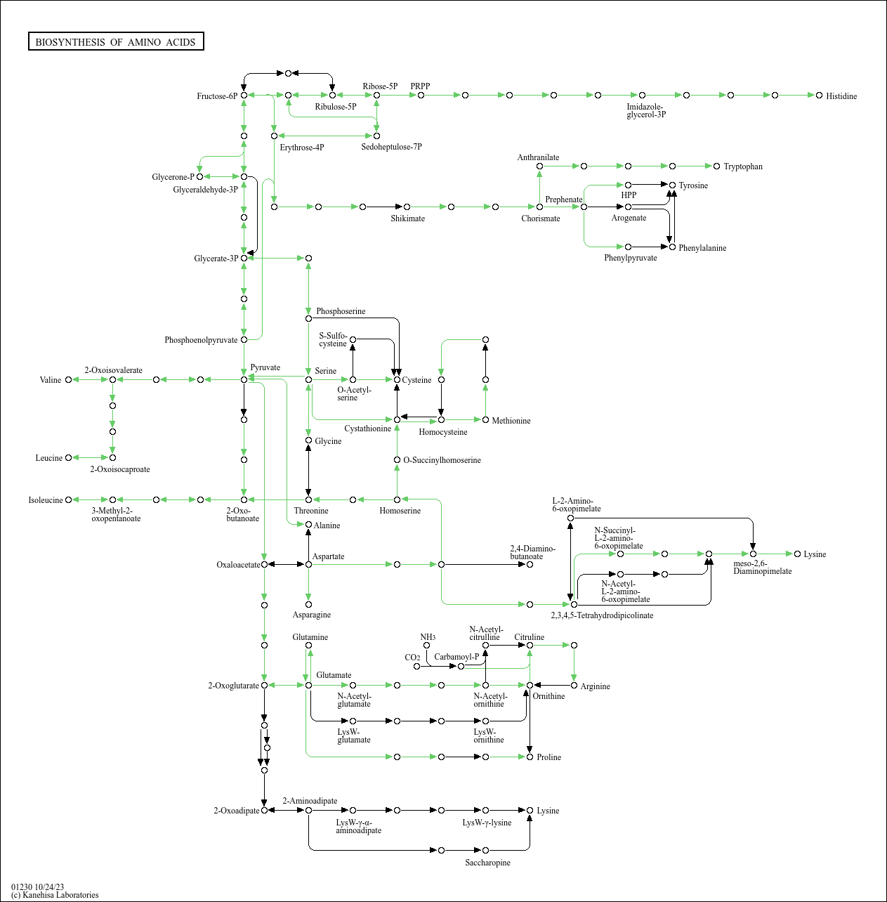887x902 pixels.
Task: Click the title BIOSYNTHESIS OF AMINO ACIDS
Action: pos(116,42)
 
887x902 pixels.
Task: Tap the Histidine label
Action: pos(841,96)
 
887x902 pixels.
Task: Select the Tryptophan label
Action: pos(742,166)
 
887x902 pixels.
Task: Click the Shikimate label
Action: pos(407,218)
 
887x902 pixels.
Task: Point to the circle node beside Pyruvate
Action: pos(244,379)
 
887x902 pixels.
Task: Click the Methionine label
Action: pos(511,421)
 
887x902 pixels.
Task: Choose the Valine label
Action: pos(51,380)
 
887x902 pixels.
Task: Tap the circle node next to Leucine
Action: pos(68,458)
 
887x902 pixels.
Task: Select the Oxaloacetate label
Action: pos(238,565)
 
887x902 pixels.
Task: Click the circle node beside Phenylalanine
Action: pos(672,247)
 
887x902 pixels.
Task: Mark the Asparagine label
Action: pos(311,615)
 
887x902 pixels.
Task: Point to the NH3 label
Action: pos(428,637)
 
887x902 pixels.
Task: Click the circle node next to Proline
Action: pos(530,757)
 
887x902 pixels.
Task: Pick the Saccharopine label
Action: pos(487,863)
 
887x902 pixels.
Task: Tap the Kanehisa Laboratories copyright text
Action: pos(55,895)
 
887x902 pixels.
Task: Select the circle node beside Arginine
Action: pos(574,685)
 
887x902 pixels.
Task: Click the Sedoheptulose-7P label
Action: pos(391,147)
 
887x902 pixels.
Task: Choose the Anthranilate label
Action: pos(538,157)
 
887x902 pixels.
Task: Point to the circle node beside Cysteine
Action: pos(397,379)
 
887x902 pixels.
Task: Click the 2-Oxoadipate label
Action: pos(236,811)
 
